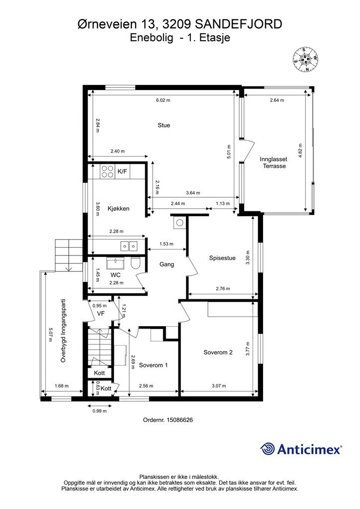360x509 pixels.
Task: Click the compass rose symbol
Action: (x=305, y=59)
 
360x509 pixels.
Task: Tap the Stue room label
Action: (x=164, y=125)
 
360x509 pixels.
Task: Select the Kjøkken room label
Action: (x=118, y=209)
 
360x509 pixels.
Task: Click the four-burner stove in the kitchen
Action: (x=107, y=171)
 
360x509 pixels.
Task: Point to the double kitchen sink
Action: (x=129, y=247)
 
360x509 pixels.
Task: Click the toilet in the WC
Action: (x=135, y=263)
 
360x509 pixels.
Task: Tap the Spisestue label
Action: (x=222, y=258)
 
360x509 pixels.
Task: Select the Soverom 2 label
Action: (x=218, y=352)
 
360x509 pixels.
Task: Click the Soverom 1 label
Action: (x=153, y=365)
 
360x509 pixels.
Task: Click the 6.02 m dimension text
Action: (x=163, y=100)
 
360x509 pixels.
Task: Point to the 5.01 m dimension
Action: (x=229, y=151)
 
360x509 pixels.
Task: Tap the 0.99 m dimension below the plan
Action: (x=99, y=411)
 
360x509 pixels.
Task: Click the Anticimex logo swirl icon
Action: (x=268, y=449)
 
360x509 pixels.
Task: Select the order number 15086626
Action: (x=180, y=420)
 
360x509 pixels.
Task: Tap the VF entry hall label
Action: (x=101, y=313)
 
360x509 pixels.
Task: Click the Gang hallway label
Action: (x=167, y=264)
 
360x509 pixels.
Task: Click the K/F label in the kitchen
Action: (x=122, y=171)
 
